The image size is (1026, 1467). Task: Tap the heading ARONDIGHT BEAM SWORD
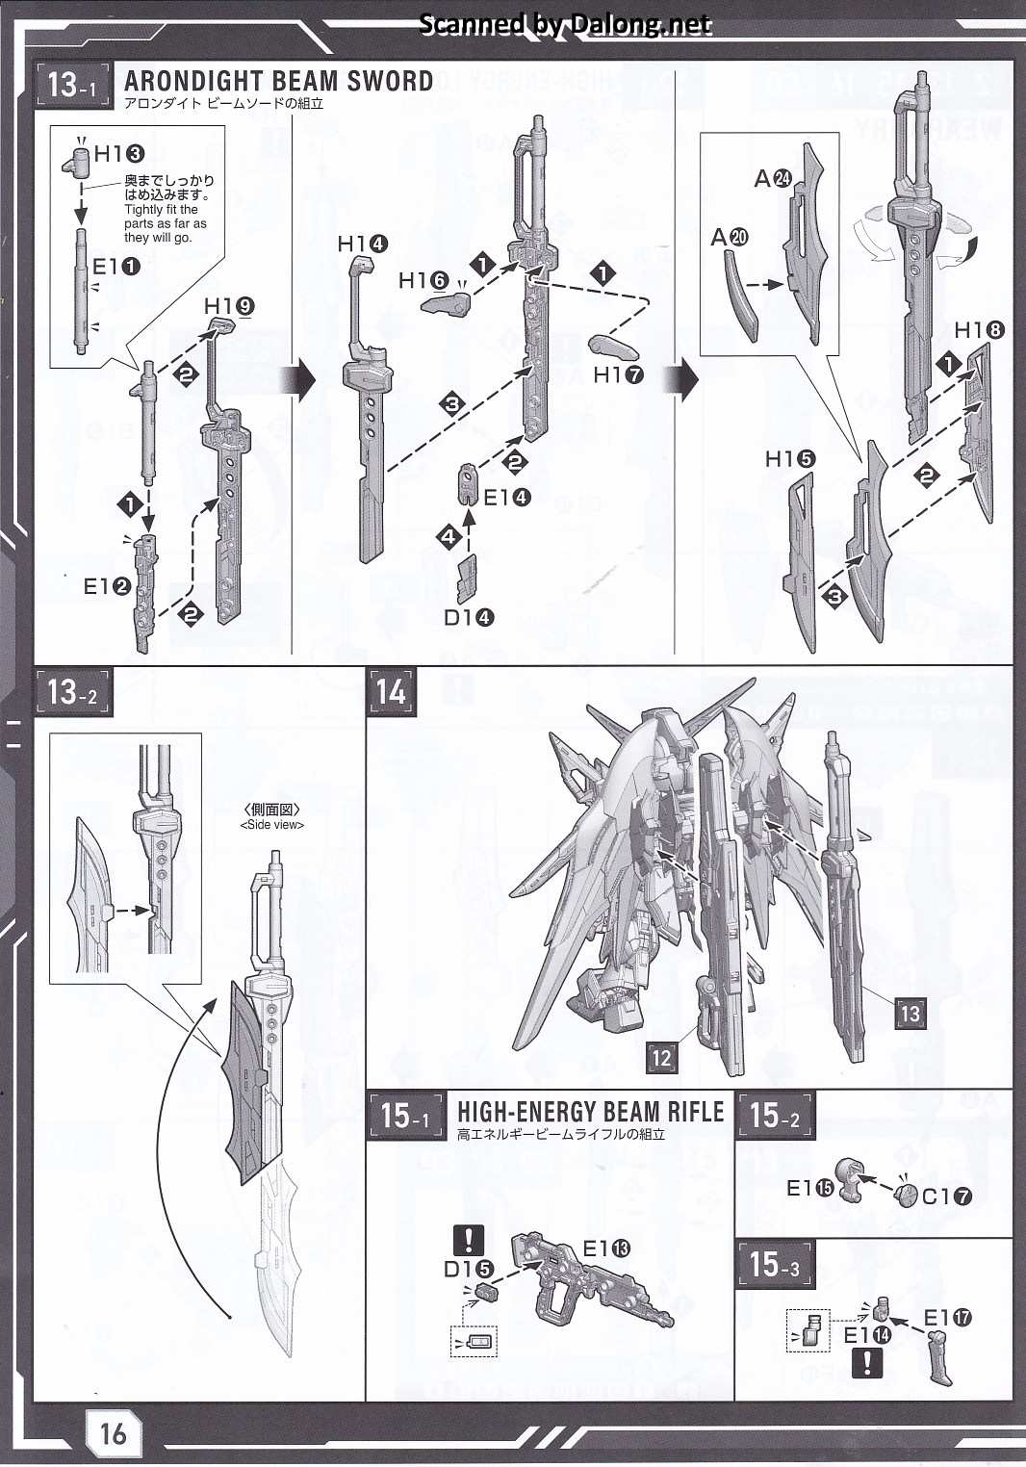278,81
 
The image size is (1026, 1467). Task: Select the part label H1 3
118,153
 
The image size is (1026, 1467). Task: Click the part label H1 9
229,306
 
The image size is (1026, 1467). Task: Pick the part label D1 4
469,617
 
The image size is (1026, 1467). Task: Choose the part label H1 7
619,375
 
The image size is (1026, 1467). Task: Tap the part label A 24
772,178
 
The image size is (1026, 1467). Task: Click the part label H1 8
979,330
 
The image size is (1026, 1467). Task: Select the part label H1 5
790,459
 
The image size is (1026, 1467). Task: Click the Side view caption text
272,824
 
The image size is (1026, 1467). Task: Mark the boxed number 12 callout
661,1057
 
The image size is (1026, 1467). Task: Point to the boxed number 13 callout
910,1013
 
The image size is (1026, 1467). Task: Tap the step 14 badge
391,692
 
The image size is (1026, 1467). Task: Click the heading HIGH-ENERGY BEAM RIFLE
590,1112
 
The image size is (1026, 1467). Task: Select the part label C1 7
946,1197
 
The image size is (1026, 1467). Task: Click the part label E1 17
947,1318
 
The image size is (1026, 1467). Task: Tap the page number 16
113,1433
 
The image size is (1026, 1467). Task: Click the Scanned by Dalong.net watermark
566,25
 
